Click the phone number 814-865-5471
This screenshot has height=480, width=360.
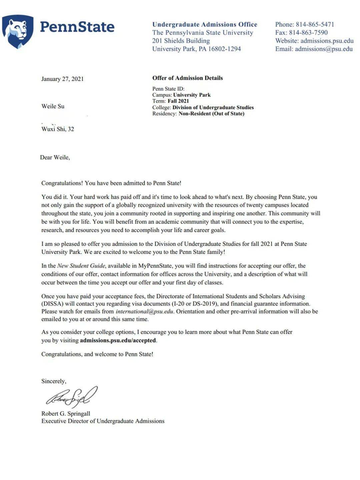point(315,24)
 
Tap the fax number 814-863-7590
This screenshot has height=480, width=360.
point(308,33)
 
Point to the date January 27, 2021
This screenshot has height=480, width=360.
point(62,79)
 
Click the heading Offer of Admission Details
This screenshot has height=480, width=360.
point(187,78)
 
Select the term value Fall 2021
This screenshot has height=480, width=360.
point(178,101)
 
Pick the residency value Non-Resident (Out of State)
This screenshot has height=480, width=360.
point(211,114)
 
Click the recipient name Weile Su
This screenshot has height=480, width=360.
point(53,106)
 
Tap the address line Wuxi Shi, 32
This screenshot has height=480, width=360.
point(58,129)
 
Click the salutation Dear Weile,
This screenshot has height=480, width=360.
point(55,157)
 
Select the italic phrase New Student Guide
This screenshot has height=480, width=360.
point(81,266)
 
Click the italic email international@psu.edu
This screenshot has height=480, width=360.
point(144,312)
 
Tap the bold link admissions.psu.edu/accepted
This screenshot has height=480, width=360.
point(118,341)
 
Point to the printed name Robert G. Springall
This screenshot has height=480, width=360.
point(66,414)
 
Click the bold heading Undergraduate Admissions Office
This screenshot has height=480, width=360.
point(205,24)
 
